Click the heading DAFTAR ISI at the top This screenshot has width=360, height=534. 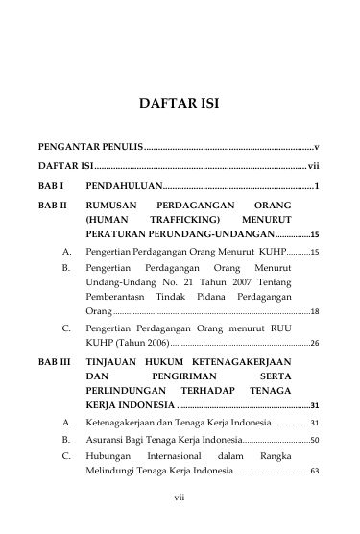coord(180,101)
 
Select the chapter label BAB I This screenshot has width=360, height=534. coord(49,184)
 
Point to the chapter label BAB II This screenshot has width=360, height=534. coord(51,205)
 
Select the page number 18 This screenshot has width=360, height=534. coord(315,312)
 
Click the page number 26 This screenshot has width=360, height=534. coord(315,342)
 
